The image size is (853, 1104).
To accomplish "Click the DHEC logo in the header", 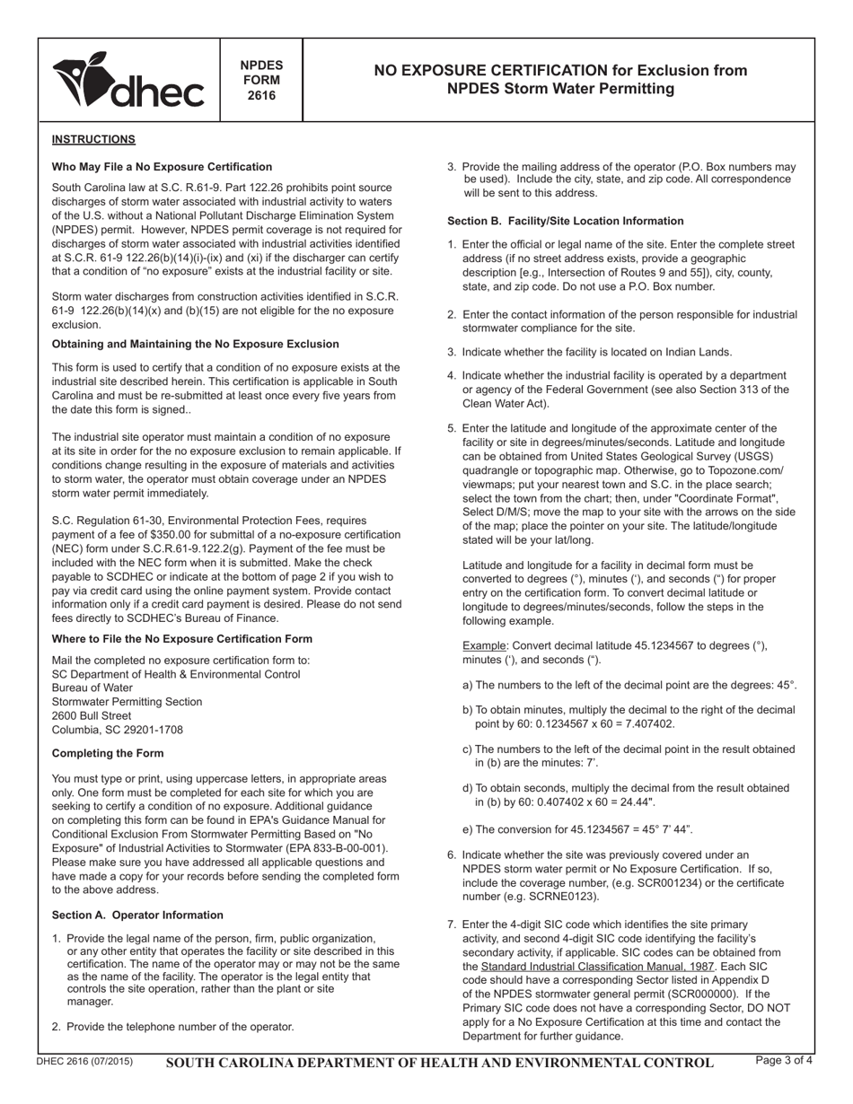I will coord(128,81).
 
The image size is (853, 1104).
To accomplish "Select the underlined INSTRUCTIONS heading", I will coord(93,139).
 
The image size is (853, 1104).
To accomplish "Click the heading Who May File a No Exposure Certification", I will coord(162,167).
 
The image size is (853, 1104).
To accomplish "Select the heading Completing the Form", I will coord(108,753).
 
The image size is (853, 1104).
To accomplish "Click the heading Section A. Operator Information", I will coord(137,916).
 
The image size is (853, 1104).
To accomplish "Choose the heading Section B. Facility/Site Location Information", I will coord(566,221).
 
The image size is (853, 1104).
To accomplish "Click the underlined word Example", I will coord(484,646).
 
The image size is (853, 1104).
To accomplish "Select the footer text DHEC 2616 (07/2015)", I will coord(84,1062).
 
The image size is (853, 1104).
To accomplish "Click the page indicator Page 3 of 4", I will coord(785,1061).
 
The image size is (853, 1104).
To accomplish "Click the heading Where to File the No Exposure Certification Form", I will coord(182,639).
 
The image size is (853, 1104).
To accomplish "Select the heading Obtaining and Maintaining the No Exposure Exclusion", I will coord(196,344).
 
